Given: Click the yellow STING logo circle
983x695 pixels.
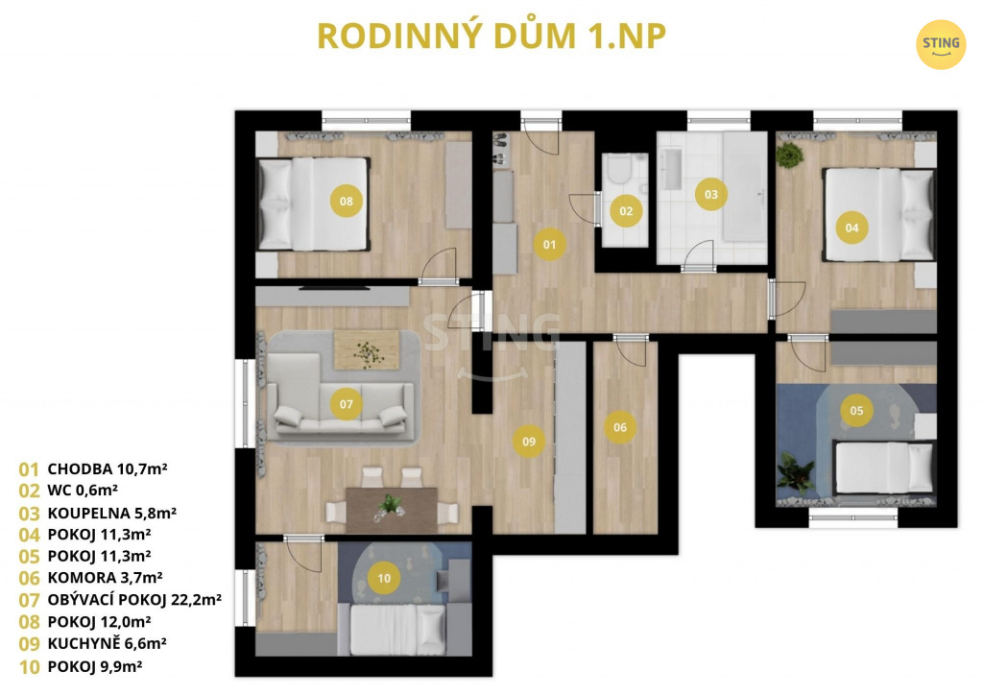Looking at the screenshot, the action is [x=941, y=44].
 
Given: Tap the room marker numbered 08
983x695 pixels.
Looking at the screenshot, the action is [x=346, y=202].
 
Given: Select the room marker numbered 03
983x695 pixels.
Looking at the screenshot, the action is [x=711, y=194].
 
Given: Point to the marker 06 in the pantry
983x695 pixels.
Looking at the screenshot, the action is [x=620, y=427].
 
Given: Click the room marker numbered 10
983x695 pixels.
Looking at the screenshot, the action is [x=384, y=579].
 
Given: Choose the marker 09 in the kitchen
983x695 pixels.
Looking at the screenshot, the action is [x=529, y=442].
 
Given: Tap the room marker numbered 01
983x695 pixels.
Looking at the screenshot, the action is [x=550, y=245].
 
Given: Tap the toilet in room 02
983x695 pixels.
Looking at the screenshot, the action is [x=619, y=169].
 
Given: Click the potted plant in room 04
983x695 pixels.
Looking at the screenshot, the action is [x=789, y=155].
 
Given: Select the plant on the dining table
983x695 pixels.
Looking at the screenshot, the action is [x=390, y=505].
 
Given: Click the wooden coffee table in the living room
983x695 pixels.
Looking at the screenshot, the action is [x=367, y=349].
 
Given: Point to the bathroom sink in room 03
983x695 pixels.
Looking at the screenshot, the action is [x=671, y=169].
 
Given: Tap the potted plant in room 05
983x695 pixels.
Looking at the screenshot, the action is [x=795, y=472].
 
